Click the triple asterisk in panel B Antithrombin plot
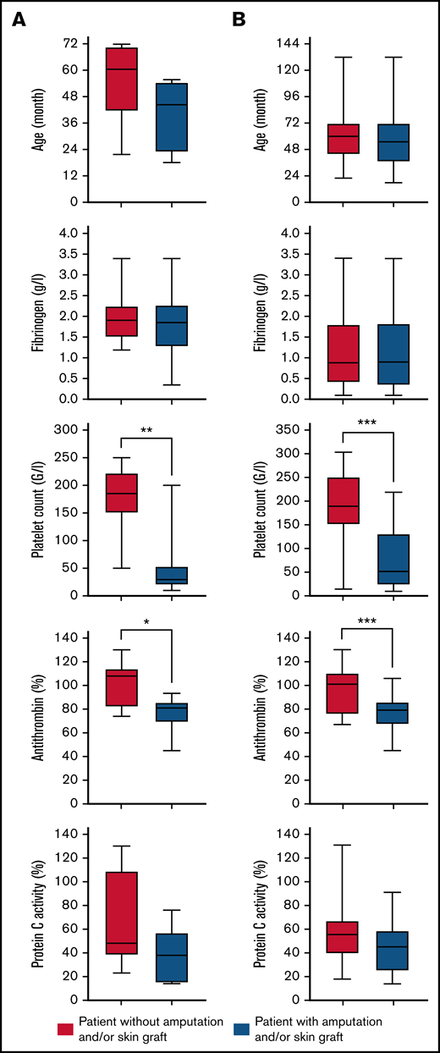[367, 626]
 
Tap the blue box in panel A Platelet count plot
[172, 576]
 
